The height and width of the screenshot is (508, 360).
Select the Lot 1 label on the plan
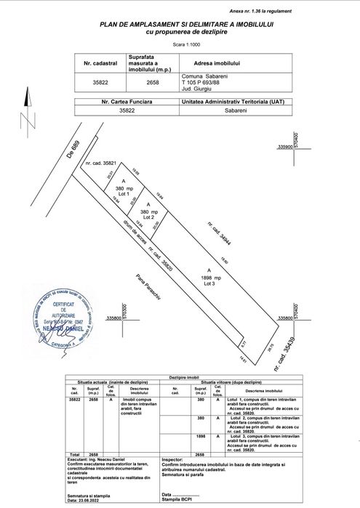(x=123, y=194)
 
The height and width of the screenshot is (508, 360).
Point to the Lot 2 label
(x=150, y=217)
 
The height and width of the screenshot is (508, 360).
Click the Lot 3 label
(x=209, y=284)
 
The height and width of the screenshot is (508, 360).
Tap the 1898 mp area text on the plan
(x=211, y=278)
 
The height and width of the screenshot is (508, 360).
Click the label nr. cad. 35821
(x=101, y=164)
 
